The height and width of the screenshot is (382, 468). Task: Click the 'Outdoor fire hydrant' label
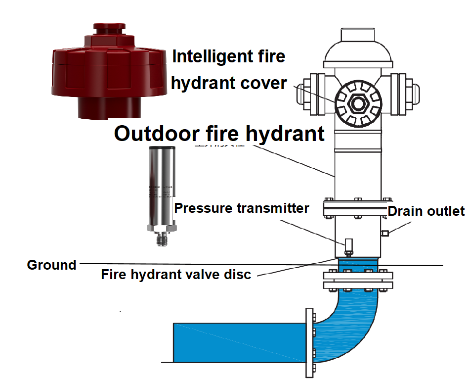tap(220, 134)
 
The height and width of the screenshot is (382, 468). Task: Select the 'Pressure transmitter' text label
tap(242, 208)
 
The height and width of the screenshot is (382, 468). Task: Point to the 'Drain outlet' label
tap(426, 211)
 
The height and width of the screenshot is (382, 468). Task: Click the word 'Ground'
tap(51, 265)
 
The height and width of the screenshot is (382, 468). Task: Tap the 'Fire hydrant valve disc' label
tap(176, 274)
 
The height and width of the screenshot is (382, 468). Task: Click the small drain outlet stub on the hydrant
tap(384, 233)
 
